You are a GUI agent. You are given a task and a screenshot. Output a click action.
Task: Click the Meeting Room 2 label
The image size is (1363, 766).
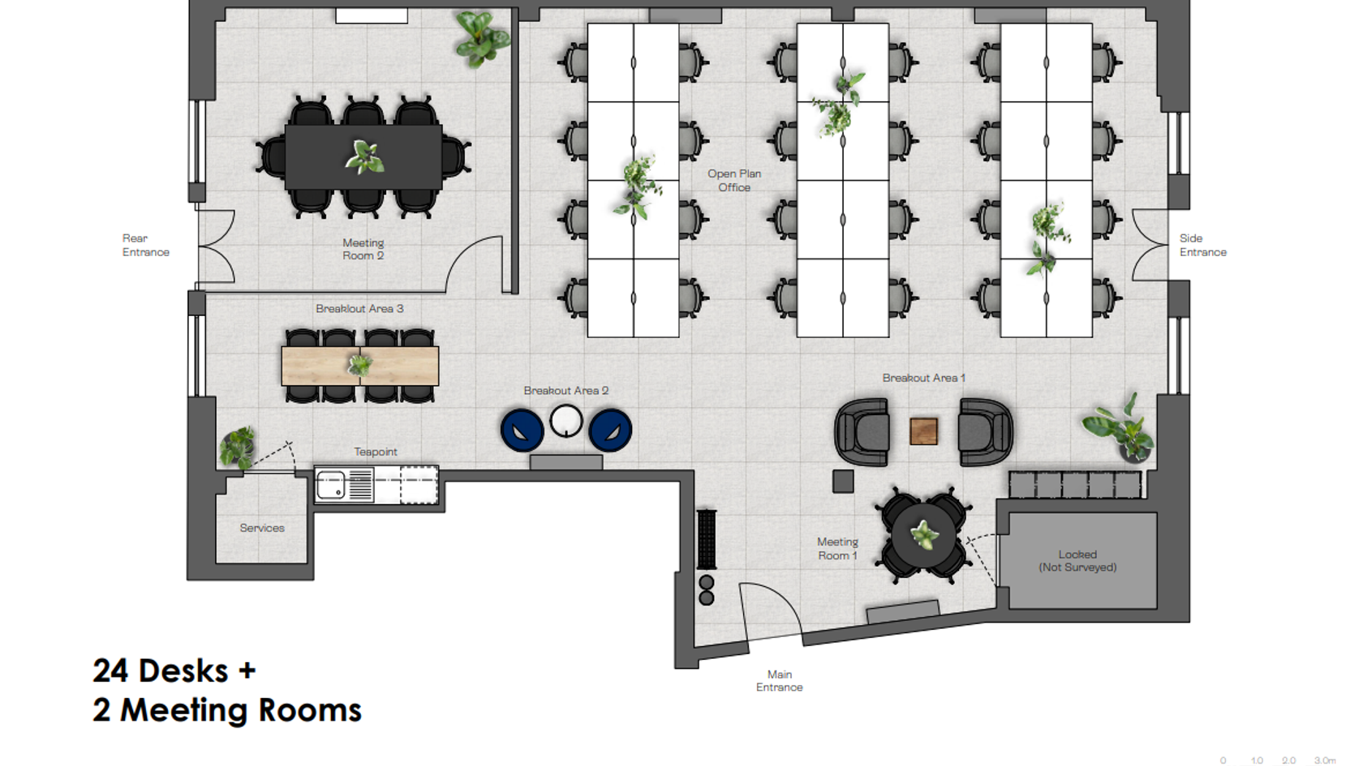pos(363,250)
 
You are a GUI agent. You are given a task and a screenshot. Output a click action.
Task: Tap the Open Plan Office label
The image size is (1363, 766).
pos(734,181)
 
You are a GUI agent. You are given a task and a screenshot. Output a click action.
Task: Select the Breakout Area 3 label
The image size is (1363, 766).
pos(359,309)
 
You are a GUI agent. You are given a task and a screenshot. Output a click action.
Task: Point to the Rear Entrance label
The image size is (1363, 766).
pos(146,245)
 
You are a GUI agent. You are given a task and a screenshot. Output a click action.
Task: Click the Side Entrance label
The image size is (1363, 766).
pos(1203,245)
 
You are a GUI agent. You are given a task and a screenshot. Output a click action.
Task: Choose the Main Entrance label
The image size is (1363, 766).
pos(780,681)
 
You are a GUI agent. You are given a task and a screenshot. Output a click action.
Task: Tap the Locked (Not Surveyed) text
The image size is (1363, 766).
pos(1077,561)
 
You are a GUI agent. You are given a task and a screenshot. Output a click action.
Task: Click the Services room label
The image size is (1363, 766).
pos(262,528)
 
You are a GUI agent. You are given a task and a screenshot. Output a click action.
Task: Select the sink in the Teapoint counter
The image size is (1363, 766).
pos(331,485)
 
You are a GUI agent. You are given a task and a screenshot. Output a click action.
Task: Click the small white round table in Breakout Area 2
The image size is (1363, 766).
pos(566,421)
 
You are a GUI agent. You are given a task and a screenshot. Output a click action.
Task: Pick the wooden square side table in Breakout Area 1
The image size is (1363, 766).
pos(923,431)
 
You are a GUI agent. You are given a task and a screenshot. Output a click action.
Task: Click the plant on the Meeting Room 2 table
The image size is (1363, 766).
pos(364,157)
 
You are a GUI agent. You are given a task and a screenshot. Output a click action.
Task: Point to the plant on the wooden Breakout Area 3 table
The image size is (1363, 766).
pos(360,365)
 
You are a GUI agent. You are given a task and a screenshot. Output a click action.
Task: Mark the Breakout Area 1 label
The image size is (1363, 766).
pos(923,378)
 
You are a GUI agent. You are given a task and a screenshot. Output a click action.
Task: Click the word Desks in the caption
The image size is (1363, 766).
pos(183,671)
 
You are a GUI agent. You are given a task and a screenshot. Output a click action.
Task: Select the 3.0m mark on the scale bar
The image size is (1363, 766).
pos(1325,760)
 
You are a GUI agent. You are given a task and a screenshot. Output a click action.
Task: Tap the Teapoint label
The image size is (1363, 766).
pos(376,452)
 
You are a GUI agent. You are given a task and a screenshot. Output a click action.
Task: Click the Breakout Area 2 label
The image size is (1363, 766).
pos(566,391)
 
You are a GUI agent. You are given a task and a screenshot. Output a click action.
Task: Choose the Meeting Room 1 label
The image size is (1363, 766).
pos(838,548)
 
